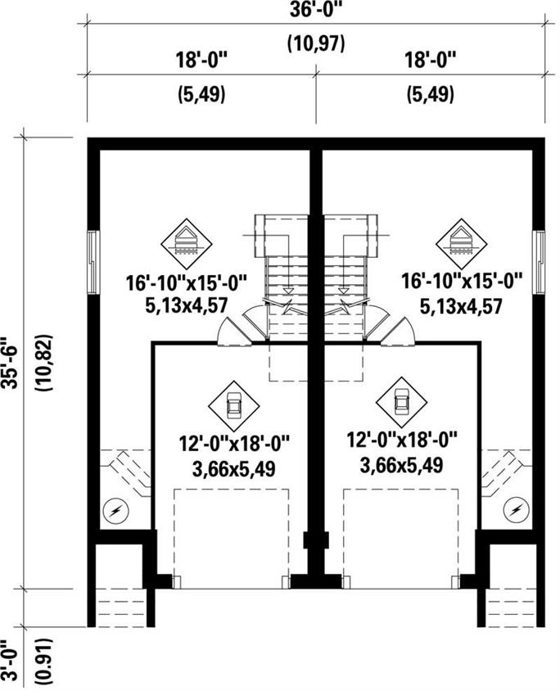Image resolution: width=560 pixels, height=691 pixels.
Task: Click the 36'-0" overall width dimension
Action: (x=314, y=12)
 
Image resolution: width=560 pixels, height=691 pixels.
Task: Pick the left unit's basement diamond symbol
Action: (x=188, y=241)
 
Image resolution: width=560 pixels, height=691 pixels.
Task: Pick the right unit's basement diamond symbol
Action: (x=462, y=241)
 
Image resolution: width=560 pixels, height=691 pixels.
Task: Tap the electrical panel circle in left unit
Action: (x=116, y=511)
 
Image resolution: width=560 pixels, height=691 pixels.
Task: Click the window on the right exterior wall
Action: (x=539, y=260)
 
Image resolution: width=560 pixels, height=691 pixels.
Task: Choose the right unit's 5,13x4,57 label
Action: (x=461, y=306)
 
